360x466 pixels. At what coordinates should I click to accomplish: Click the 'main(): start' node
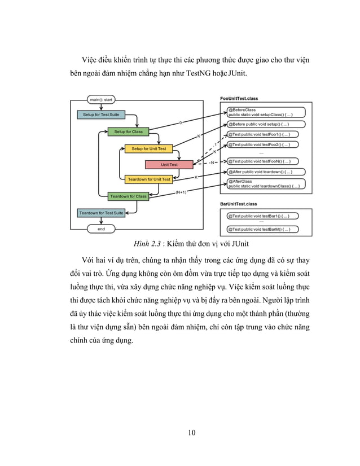(x=102, y=100)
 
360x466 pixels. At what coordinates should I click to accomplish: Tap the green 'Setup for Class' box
(x=129, y=132)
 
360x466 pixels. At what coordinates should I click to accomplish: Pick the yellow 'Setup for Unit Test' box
(x=149, y=149)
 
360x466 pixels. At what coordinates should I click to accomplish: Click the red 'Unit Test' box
(x=169, y=165)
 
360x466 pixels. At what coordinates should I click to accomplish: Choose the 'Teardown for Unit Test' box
(x=149, y=179)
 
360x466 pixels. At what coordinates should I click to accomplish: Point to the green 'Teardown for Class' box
(x=128, y=196)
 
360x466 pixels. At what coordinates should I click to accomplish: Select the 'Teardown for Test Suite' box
(x=101, y=213)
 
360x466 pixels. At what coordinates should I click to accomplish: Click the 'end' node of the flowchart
(x=102, y=229)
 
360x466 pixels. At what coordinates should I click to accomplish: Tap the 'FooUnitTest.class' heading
(x=239, y=99)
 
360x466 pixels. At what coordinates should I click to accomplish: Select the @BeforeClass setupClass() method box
(x=265, y=112)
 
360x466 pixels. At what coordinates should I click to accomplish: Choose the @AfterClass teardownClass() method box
(x=265, y=183)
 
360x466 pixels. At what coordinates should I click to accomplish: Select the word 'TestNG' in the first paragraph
(x=213, y=74)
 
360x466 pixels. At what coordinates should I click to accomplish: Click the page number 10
(x=192, y=433)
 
